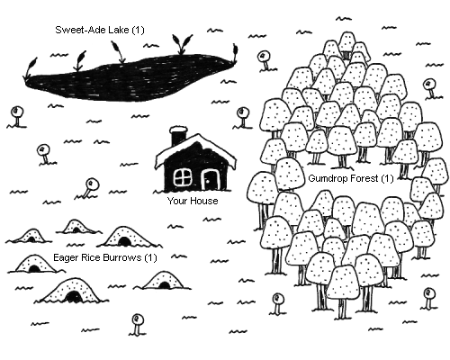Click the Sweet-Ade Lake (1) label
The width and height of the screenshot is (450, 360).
pos(100,30)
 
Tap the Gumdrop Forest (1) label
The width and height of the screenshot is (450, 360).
pos(351,178)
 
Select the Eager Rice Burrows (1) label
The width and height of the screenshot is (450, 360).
pos(105,257)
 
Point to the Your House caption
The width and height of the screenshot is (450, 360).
pos(193,201)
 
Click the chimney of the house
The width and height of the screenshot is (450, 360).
pos(178,137)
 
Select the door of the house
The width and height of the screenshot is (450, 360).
pos(211,180)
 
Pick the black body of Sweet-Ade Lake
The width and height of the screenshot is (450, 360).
pos(129,78)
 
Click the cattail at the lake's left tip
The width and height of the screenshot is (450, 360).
pos(31,67)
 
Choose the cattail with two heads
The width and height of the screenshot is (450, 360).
pos(182,44)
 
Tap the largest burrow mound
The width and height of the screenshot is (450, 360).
pos(72,291)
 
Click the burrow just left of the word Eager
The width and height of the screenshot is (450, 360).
pos(34,264)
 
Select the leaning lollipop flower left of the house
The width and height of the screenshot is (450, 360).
pos(89,188)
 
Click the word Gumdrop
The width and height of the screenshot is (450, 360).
pos(328,178)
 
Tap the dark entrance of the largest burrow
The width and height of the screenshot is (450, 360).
pos(73,297)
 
